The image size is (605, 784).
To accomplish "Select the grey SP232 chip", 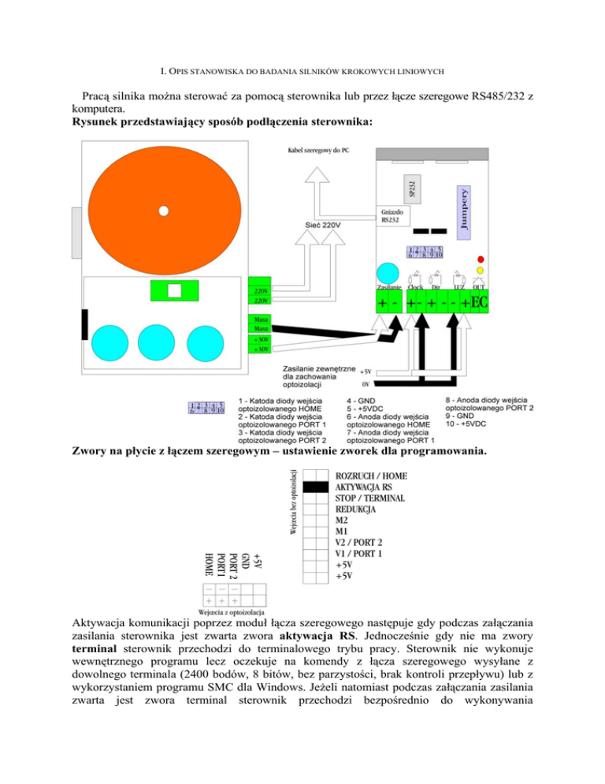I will click(x=414, y=188).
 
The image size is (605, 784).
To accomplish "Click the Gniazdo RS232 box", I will click(x=393, y=216).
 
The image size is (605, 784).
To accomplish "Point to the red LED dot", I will click(x=481, y=259).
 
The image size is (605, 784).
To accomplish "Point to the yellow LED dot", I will click(x=481, y=273).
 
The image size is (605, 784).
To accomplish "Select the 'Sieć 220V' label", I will click(x=323, y=226).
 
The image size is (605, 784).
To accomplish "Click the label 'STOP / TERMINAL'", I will click(x=370, y=499).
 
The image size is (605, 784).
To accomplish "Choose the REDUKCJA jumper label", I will click(x=356, y=510).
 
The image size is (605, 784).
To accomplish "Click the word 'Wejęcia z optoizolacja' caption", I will click(x=231, y=611).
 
